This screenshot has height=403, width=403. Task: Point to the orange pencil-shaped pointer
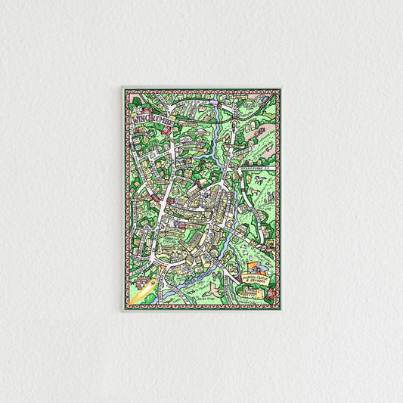point(143,292)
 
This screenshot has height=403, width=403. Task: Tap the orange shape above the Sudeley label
point(253,267)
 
